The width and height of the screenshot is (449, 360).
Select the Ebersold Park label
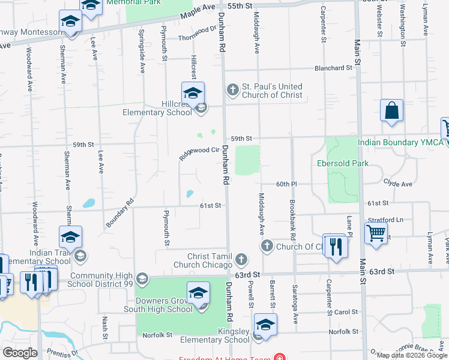339,163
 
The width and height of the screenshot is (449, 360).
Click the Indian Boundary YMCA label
400,142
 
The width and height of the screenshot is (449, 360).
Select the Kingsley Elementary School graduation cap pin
265,325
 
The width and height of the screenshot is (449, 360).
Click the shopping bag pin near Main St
391,111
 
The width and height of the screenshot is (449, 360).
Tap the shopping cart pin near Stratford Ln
376,232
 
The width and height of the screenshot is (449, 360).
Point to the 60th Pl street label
287,184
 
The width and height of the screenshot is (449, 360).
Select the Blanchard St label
331,68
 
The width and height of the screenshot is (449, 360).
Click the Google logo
20,353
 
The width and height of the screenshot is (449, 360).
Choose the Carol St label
346,313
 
